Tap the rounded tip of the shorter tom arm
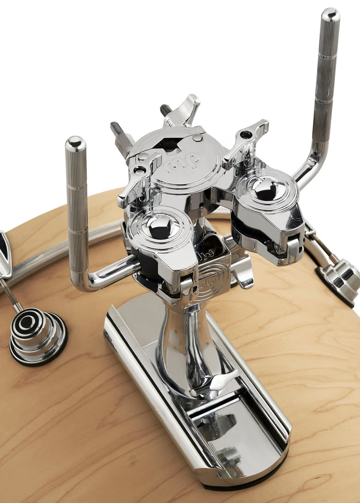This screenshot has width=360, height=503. pyautogui.click(x=75, y=144)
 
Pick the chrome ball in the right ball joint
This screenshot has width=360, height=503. pyautogui.click(x=265, y=187)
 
